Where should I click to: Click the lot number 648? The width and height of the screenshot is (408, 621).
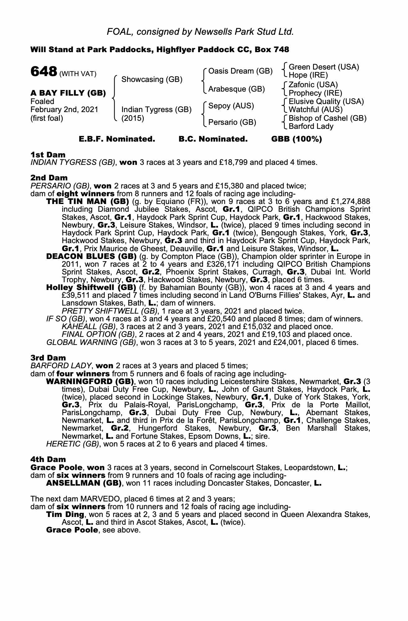pyautogui.click(x=43, y=72)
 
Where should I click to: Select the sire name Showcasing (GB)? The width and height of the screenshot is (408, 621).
pyautogui.click(x=152, y=79)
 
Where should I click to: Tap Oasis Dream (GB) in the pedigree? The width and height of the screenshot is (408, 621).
pyautogui.click(x=240, y=71)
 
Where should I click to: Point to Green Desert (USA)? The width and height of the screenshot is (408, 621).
pyautogui.click(x=324, y=67)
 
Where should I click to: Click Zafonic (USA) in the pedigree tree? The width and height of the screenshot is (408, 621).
pyautogui.click(x=313, y=85)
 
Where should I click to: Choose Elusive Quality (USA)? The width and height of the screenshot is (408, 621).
pyautogui.click(x=326, y=102)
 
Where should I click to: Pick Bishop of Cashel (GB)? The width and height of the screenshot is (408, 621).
pyautogui.click(x=327, y=118)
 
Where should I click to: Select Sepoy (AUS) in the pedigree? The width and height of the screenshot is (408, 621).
pyautogui.click(x=231, y=106)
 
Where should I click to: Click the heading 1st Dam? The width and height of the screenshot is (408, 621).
pyautogui.click(x=48, y=155)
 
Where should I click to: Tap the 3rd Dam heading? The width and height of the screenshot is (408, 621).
pyautogui.click(x=48, y=358)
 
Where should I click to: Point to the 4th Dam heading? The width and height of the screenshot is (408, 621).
pyautogui.click(x=48, y=459)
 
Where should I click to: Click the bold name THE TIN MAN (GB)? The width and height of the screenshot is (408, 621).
pyautogui.click(x=88, y=202)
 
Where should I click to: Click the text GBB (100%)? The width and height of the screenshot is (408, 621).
pyautogui.click(x=297, y=139)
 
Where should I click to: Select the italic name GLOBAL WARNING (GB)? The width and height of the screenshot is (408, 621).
pyautogui.click(x=91, y=342)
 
